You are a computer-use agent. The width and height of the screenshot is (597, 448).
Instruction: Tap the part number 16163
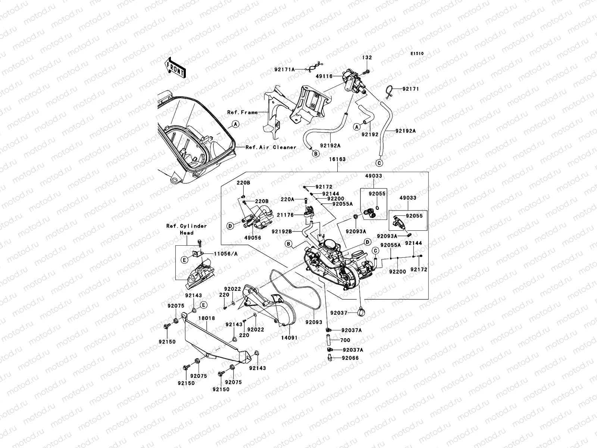337,159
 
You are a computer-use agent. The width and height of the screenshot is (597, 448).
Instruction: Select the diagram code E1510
417,54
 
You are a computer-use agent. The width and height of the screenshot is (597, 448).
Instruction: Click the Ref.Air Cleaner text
271,147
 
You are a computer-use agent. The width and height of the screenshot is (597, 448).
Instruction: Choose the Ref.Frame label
242,112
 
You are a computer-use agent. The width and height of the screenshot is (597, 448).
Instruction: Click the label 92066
350,358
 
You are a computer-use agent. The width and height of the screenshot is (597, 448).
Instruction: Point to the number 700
345,340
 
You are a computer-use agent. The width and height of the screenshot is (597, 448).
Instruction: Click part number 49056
253,238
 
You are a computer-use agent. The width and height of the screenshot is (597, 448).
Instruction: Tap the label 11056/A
226,253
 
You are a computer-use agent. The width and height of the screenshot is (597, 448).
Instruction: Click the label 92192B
281,231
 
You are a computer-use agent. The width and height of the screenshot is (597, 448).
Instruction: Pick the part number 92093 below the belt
314,322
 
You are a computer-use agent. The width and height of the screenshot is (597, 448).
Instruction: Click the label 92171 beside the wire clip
410,89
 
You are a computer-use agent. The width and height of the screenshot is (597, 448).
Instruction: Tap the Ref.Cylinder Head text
187,229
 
